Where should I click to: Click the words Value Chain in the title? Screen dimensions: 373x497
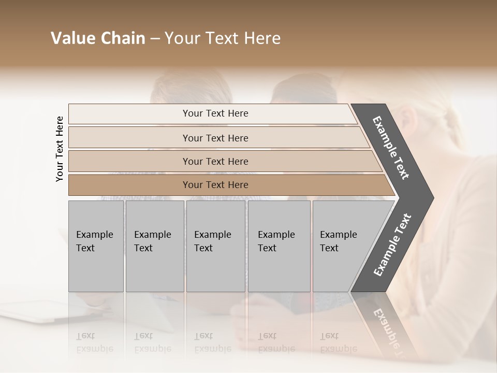pos(98,38)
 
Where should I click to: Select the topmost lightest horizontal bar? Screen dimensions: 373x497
pos(215,113)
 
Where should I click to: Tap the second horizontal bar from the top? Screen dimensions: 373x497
pos(215,138)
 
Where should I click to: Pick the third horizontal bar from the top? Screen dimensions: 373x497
pos(215,161)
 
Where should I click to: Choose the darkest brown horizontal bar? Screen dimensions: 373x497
pos(215,185)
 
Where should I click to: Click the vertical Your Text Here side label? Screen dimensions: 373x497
pos(60,149)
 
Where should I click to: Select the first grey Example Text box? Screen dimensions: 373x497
pos(96,246)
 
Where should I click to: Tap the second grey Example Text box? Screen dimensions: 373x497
pos(154,246)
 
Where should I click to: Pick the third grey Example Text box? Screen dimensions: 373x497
pos(215,246)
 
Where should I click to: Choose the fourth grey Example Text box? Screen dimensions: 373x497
pos(279,246)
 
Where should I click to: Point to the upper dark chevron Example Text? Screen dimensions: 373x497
pos(391,148)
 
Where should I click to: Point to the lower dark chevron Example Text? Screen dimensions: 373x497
pos(392,245)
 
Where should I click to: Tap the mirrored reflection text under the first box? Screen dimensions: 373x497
pos(95,342)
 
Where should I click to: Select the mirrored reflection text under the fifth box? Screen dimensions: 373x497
pos(339,342)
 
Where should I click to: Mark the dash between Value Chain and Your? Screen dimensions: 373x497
pos(155,39)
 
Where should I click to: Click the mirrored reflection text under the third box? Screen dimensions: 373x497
pos(213,342)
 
